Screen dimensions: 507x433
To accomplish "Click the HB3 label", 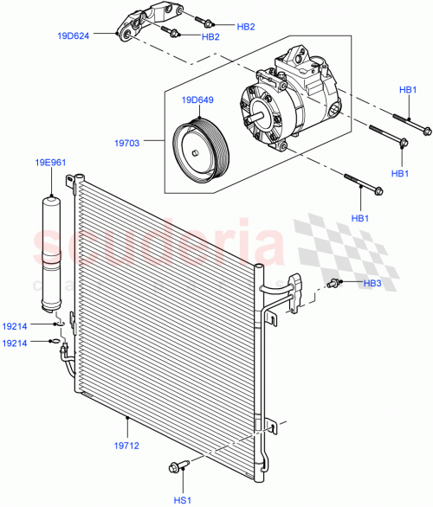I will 373,283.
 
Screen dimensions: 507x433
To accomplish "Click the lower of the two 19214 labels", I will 16,343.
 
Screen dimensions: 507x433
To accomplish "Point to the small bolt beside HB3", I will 334,283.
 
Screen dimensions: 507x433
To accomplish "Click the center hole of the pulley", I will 198,154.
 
